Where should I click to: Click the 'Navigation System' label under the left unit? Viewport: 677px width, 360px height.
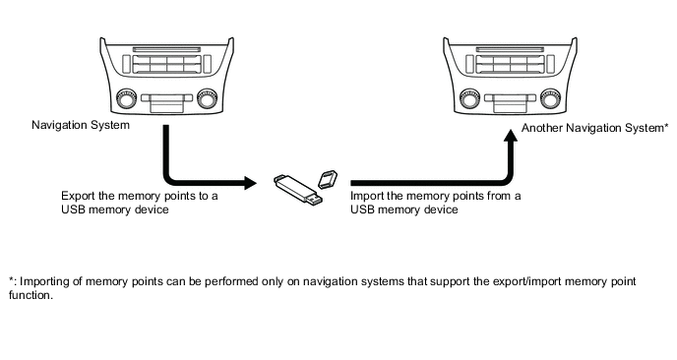[81, 125]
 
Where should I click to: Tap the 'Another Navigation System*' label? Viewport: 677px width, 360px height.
[595, 128]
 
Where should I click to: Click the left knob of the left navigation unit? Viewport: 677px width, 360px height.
[126, 98]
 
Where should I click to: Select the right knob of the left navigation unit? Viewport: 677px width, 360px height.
[208, 98]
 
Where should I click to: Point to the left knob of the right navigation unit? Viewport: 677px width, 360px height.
[469, 98]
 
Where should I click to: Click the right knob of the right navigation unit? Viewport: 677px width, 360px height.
[550, 98]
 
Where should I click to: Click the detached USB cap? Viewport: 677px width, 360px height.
[328, 179]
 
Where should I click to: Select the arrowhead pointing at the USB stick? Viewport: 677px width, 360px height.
[250, 183]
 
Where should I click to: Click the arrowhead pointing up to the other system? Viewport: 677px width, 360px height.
[511, 135]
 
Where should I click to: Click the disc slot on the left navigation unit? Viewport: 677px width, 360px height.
[166, 49]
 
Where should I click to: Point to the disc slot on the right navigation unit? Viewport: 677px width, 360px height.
[510, 49]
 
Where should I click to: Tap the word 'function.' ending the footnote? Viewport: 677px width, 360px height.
[31, 295]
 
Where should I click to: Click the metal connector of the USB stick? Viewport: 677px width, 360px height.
[314, 199]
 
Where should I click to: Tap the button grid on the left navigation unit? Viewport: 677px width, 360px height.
[166, 64]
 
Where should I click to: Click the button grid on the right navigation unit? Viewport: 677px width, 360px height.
[510, 64]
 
